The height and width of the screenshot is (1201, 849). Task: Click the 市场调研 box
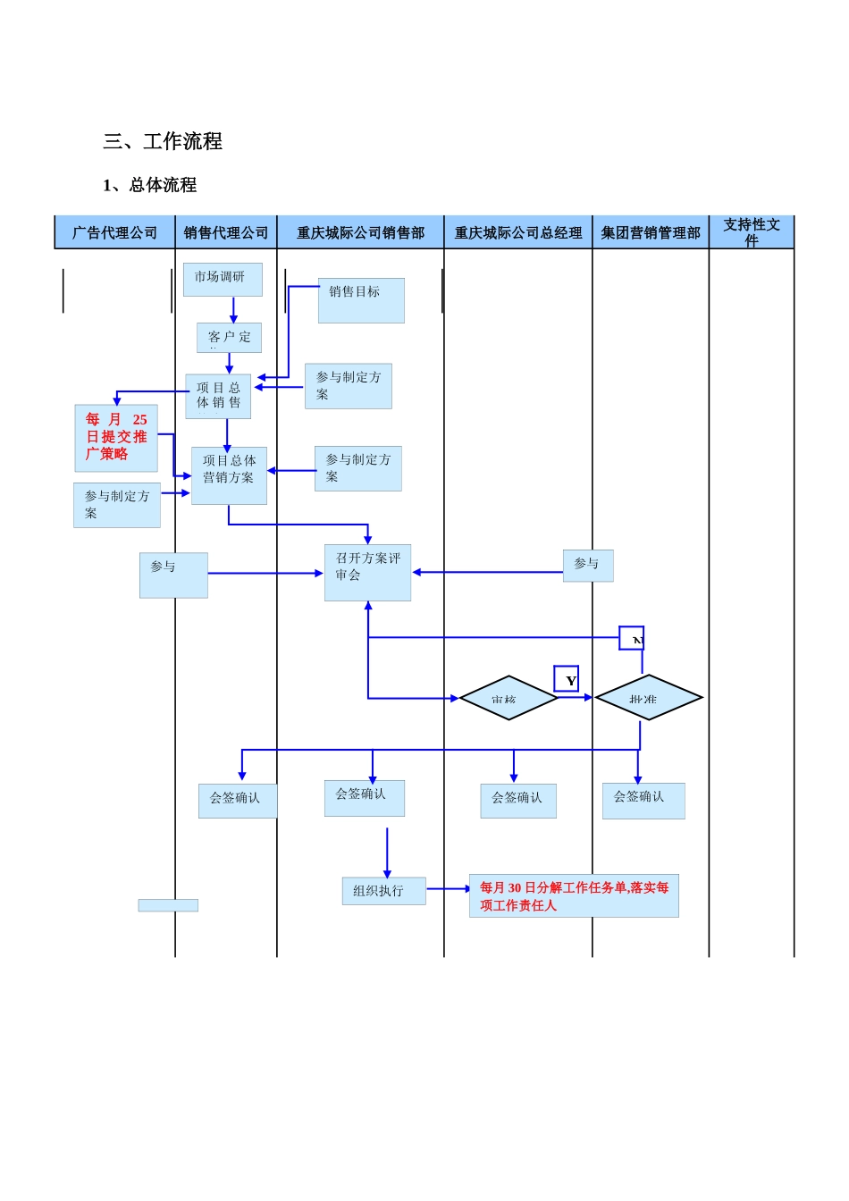click(223, 279)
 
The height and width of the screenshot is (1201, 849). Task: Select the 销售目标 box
click(361, 300)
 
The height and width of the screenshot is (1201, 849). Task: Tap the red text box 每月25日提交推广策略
click(116, 438)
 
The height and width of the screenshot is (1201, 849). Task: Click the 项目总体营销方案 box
click(229, 475)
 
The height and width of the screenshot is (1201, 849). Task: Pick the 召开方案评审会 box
click(367, 572)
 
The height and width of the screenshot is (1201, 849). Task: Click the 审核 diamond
click(509, 698)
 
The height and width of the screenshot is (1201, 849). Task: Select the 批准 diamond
click(649, 697)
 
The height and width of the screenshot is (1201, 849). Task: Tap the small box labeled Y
click(566, 679)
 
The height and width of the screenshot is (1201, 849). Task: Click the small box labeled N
click(632, 638)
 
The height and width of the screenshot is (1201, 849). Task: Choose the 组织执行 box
click(383, 891)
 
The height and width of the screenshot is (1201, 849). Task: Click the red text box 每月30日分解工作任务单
click(574, 895)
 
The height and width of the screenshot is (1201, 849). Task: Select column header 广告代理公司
click(114, 232)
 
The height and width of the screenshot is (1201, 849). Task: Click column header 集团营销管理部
click(651, 232)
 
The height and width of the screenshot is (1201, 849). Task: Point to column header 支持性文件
click(752, 231)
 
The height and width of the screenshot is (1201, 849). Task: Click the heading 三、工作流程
click(163, 141)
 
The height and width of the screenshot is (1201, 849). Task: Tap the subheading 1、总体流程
click(149, 185)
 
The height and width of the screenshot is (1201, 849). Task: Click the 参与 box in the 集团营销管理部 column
click(588, 566)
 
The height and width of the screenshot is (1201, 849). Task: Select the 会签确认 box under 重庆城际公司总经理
click(518, 801)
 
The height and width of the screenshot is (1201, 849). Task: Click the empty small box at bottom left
click(168, 905)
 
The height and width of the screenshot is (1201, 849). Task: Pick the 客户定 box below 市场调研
click(229, 338)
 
